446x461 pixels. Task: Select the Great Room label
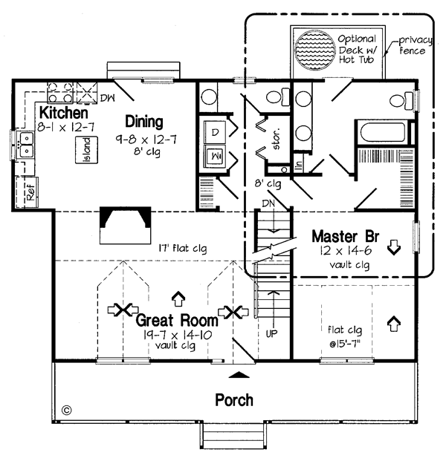point(176,321)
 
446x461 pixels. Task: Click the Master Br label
point(346,236)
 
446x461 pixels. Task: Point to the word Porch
point(233,399)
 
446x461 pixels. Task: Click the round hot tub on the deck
point(316,53)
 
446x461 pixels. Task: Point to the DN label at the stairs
point(268,203)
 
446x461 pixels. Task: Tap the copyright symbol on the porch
point(67,409)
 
